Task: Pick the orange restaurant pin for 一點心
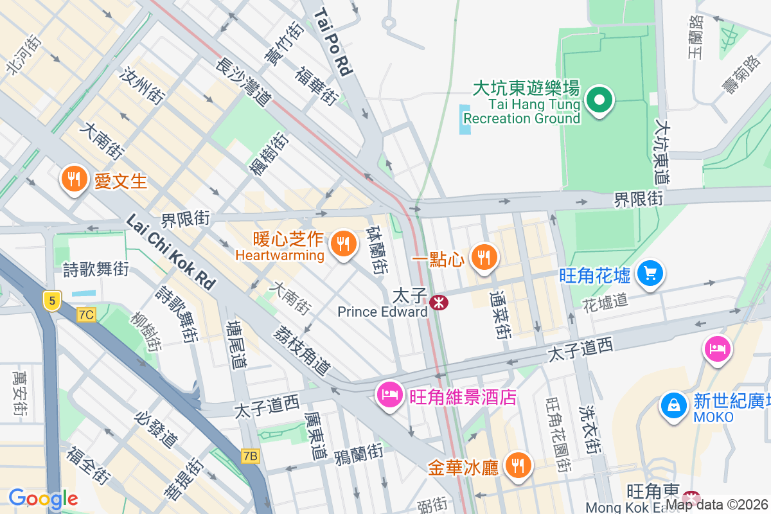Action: [483, 258]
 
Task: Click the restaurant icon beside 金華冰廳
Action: [517, 465]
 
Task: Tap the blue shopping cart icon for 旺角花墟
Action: [650, 274]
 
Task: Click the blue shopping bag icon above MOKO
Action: [673, 405]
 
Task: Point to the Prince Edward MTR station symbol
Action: [439, 302]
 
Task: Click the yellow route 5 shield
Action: [52, 299]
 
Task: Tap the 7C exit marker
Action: [86, 315]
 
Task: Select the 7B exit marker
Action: [251, 456]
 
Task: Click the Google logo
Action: [43, 499]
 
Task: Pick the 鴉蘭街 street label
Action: [359, 454]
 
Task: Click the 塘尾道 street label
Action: [236, 345]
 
